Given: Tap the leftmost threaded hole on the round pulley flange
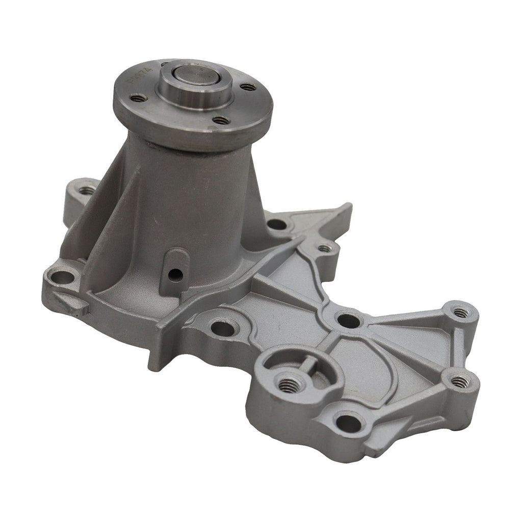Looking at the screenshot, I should [x=138, y=97].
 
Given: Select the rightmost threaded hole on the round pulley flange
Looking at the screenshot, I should [x=248, y=87].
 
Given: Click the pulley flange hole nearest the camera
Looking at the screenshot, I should [x=221, y=120].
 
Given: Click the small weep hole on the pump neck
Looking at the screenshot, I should [x=175, y=275].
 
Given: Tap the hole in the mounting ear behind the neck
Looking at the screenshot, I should [x=87, y=191].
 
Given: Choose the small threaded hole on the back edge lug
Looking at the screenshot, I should [x=324, y=249].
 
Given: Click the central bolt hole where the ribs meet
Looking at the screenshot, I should [x=348, y=321].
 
